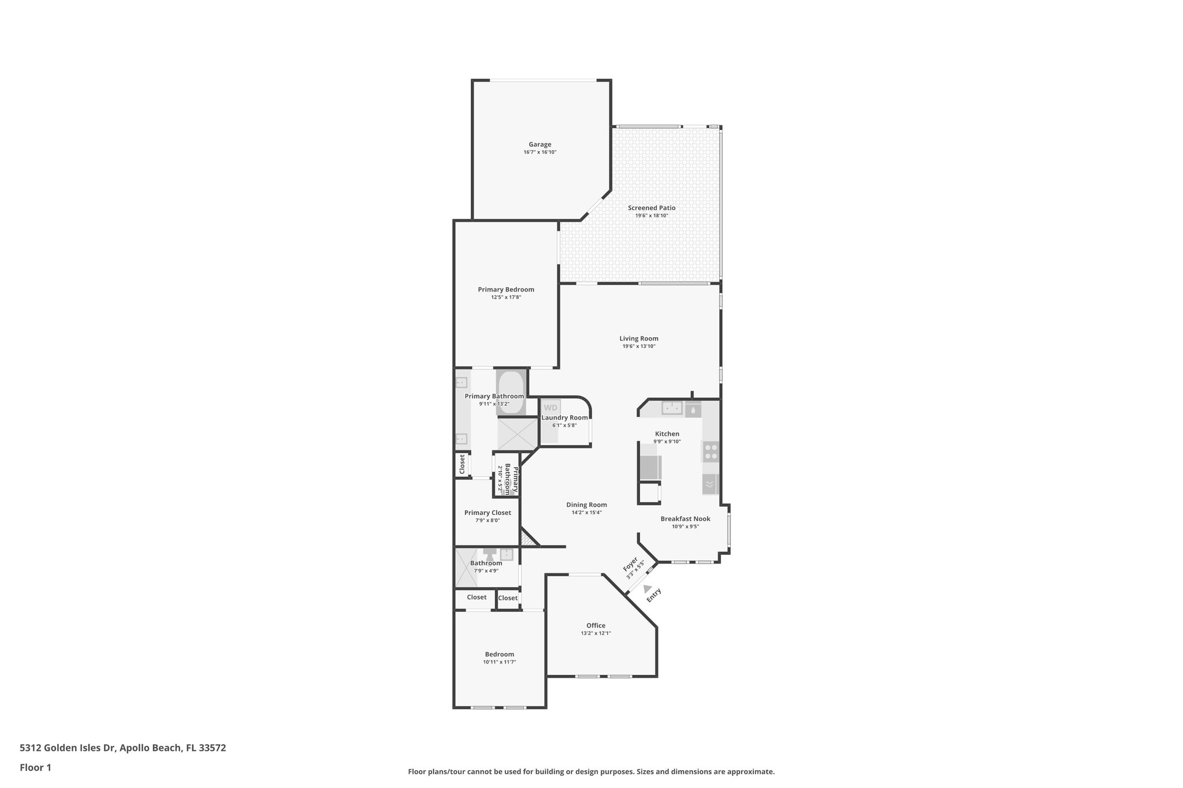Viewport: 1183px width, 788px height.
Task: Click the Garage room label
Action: (x=540, y=145)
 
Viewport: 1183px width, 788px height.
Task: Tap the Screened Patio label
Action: (x=652, y=208)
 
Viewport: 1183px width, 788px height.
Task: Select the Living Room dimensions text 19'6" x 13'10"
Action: (x=639, y=346)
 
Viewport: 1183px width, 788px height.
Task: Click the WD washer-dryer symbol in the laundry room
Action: (x=550, y=408)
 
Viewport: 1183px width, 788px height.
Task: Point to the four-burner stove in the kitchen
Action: (x=710, y=451)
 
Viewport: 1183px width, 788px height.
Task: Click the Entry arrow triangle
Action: (x=648, y=588)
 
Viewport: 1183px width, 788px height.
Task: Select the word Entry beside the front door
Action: (x=654, y=595)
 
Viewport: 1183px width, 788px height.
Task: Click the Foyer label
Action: (x=630, y=564)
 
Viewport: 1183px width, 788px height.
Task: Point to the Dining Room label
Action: (x=586, y=505)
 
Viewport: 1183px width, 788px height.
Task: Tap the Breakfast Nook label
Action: (x=685, y=519)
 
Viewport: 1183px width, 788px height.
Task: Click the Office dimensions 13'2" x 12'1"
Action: (x=596, y=633)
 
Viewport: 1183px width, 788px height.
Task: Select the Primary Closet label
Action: (x=488, y=513)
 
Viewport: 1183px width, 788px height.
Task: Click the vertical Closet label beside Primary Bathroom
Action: (x=462, y=465)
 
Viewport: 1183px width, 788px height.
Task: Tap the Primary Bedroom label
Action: (x=505, y=290)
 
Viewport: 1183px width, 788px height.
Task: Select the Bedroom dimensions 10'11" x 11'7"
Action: (x=500, y=662)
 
